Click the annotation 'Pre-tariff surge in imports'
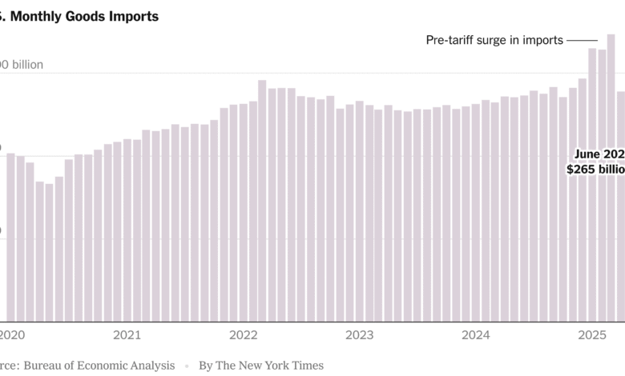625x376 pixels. [494, 40]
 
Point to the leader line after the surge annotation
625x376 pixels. [583, 40]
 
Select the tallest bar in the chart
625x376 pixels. [611, 176]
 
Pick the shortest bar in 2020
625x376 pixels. [50, 252]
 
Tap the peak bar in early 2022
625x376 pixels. [262, 200]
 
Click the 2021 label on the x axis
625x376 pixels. [127, 335]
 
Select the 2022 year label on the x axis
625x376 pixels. [243, 335]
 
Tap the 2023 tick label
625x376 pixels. [359, 335]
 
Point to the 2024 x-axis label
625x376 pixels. [475, 335]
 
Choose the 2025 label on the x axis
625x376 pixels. [592, 335]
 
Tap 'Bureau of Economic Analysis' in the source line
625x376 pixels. [99, 365]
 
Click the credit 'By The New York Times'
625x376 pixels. [261, 365]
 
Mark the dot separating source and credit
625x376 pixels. [187, 366]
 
